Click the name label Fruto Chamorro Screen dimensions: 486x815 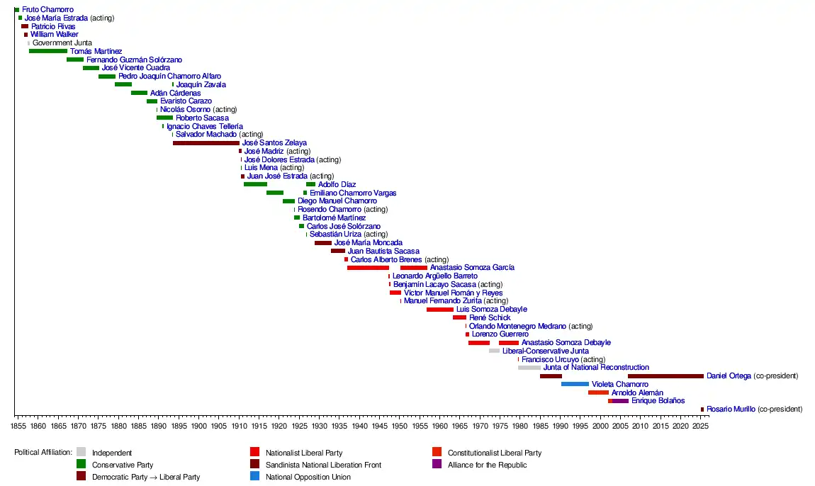click(x=47, y=10)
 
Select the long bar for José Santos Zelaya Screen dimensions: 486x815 click(x=206, y=143)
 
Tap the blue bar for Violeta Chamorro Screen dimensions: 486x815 click(x=575, y=384)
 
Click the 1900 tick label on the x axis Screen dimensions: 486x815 click(x=198, y=426)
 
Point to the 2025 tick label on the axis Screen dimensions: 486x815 click(x=700, y=426)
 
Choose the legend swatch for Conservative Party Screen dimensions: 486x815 click(x=81, y=465)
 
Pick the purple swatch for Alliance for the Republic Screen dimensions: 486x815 click(x=437, y=465)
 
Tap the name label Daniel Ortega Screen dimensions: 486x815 click(x=729, y=376)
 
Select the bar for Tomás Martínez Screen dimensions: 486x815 click(x=48, y=51)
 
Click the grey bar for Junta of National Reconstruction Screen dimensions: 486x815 click(x=529, y=368)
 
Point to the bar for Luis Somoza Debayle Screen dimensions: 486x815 click(x=439, y=310)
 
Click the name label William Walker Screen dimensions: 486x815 click(x=55, y=35)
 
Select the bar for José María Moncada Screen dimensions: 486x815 click(x=323, y=243)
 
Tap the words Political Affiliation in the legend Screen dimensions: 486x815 click(x=43, y=453)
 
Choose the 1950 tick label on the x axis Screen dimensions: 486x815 click(x=399, y=426)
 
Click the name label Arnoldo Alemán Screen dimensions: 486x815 click(x=637, y=392)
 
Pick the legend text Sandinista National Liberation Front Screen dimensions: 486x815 click(x=323, y=465)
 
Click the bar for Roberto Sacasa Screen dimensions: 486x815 click(x=164, y=118)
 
